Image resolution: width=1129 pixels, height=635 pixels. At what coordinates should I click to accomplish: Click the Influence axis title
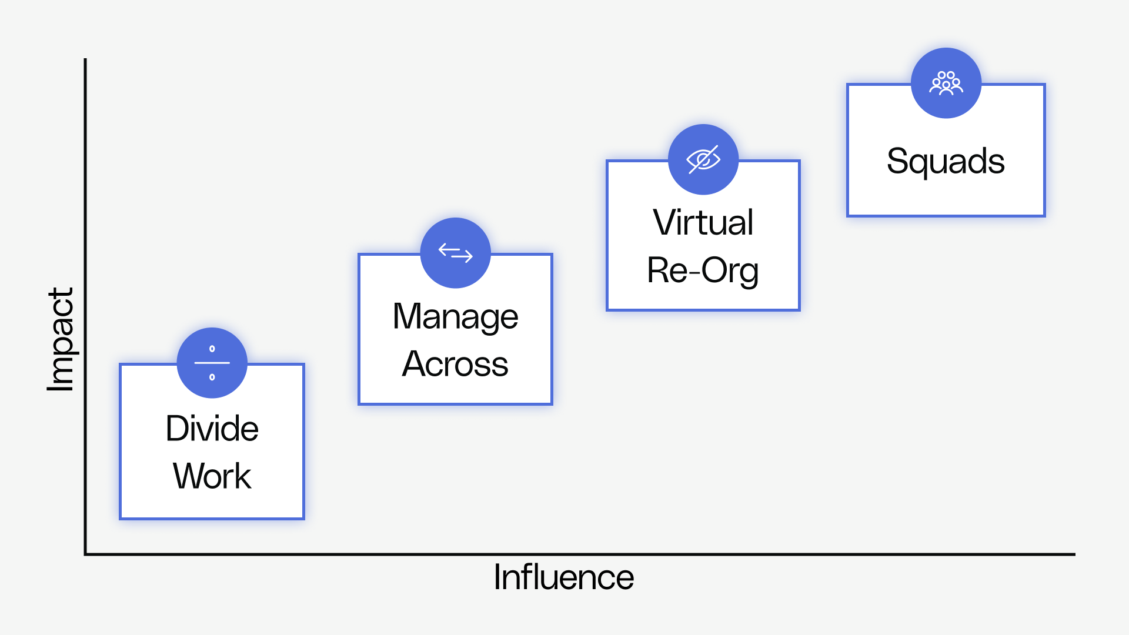[563, 577]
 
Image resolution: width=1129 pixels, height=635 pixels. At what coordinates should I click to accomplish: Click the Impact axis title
[61, 339]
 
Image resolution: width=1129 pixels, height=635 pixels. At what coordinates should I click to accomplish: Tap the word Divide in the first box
[212, 428]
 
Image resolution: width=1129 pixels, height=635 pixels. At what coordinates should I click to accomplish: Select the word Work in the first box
[212, 476]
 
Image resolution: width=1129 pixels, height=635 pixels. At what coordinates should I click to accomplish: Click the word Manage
[455, 317]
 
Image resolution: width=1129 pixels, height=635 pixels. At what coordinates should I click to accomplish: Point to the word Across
[455, 364]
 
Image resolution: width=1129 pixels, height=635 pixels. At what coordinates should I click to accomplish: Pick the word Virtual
[703, 222]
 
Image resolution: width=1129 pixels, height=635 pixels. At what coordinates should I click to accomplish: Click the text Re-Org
[703, 270]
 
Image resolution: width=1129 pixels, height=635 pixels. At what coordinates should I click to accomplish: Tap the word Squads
[946, 161]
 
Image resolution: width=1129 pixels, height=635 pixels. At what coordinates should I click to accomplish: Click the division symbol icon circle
[212, 363]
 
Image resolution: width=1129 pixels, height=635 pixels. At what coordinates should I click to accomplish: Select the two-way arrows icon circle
[455, 253]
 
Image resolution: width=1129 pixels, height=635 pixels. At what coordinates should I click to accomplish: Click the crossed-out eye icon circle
[703, 159]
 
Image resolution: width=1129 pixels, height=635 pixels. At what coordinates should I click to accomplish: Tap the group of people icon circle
[946, 83]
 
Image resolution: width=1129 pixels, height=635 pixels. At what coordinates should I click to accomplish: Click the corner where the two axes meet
[86, 554]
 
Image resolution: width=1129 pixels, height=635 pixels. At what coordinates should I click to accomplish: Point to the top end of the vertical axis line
[86, 60]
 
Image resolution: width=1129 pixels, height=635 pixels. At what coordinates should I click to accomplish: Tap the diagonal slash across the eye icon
[704, 159]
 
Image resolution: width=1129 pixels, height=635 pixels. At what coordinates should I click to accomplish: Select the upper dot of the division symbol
[212, 349]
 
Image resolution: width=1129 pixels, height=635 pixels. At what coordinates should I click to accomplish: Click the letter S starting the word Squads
[897, 161]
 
